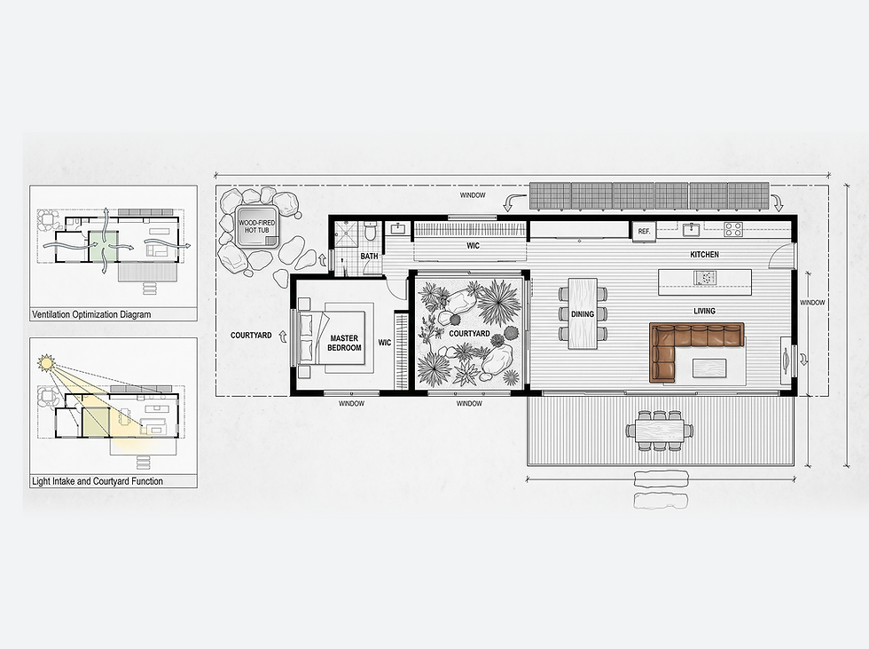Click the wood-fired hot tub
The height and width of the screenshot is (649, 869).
click(x=257, y=226)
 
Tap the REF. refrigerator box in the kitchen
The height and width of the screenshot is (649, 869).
click(x=644, y=231)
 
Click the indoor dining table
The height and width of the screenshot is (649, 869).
click(x=583, y=313)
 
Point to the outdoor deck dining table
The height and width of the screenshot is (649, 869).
click(x=660, y=431)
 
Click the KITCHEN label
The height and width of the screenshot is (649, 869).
click(x=704, y=255)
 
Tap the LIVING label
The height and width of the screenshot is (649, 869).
click(x=704, y=312)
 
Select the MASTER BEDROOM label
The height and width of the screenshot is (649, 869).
click(x=344, y=343)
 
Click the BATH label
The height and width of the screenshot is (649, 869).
click(x=369, y=257)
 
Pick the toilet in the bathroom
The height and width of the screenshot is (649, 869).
click(x=371, y=231)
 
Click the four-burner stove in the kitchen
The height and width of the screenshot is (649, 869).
click(x=733, y=229)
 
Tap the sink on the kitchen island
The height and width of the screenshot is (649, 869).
click(x=705, y=277)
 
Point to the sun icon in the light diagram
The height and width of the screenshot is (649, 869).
click(x=46, y=363)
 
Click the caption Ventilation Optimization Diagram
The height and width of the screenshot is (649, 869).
click(x=91, y=314)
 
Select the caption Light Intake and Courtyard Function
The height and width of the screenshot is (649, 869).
click(x=98, y=481)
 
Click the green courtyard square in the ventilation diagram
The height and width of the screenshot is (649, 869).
click(x=104, y=246)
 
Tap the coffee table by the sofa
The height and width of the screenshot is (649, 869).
click(x=709, y=368)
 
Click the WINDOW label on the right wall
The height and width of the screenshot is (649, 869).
click(x=812, y=303)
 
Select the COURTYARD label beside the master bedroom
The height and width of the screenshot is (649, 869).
click(x=251, y=336)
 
